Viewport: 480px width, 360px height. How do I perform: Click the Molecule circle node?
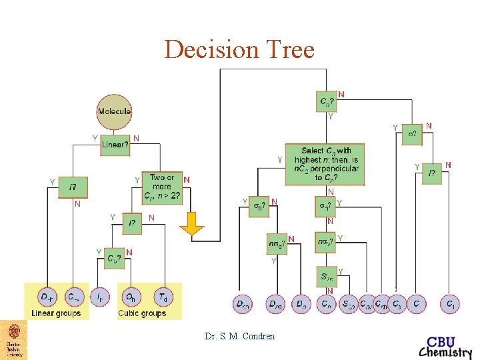114,111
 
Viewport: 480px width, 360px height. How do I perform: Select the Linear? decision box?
115,145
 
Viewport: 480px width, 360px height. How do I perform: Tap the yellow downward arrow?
193,223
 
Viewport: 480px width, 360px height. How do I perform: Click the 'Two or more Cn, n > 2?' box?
161,187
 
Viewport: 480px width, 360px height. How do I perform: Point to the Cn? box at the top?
326,101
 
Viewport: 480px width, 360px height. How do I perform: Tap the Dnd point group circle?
275,304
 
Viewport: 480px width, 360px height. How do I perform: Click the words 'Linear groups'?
56,313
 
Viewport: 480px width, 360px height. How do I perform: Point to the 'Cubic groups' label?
141,313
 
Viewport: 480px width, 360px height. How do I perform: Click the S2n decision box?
325,277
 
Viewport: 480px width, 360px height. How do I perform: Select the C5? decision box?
115,259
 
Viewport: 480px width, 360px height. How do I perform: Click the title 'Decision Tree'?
239,50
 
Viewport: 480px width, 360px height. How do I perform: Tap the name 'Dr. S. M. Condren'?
239,337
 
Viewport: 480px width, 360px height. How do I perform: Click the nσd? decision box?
277,244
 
